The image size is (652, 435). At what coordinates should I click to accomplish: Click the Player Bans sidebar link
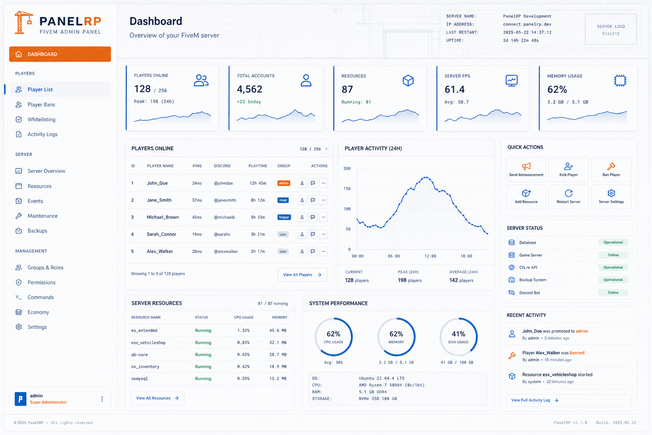[x=41, y=105]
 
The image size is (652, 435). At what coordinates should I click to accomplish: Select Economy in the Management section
[x=38, y=312]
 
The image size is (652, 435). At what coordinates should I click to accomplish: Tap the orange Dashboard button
[x=60, y=54]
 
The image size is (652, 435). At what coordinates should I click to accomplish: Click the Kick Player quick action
[x=568, y=169]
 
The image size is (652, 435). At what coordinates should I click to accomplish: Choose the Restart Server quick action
[x=568, y=197]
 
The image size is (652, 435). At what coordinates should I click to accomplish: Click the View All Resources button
[x=157, y=398]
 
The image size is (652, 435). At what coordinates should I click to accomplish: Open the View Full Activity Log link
[x=535, y=400]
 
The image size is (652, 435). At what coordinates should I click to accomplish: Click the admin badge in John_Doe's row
[x=284, y=183]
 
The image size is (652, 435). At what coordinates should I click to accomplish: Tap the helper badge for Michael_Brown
[x=284, y=217]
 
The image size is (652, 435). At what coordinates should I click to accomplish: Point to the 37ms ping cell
[x=197, y=200]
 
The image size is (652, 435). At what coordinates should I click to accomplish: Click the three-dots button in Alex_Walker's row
[x=323, y=251]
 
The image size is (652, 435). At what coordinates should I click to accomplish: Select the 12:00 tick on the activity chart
[x=430, y=256]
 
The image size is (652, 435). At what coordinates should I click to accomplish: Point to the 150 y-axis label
[x=347, y=189]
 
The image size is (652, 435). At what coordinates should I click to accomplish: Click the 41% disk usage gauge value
[x=458, y=334]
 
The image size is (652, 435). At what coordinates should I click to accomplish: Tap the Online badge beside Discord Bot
[x=613, y=293]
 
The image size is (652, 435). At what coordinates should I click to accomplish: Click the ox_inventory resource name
[x=145, y=367]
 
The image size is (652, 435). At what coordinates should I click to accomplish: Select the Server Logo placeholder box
[x=611, y=29]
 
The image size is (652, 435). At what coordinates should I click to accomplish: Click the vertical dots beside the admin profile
[x=102, y=399]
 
